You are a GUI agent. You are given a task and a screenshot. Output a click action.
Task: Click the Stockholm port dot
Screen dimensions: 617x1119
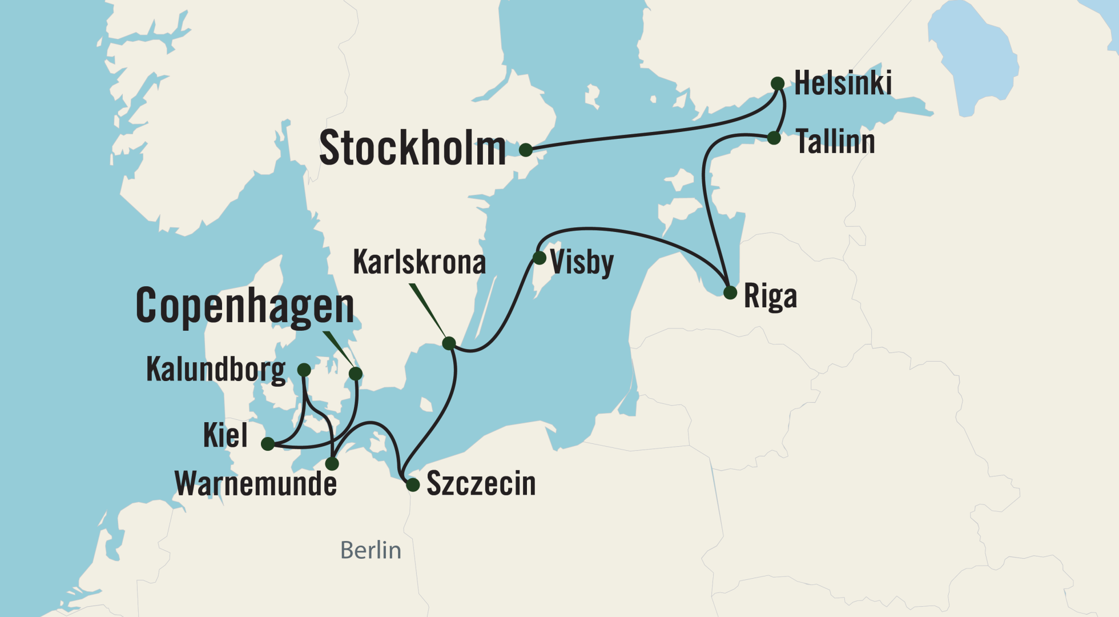coord(526,150)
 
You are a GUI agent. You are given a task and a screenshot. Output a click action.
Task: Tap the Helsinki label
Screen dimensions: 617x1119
coord(843,83)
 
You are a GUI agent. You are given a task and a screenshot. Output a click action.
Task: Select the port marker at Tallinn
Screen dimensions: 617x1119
coord(774,138)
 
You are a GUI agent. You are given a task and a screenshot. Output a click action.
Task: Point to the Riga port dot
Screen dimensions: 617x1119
coord(730,293)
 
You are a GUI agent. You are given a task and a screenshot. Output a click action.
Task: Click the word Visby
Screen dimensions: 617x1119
coord(582,262)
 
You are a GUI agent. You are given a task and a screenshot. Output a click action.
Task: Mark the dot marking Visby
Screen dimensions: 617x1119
coord(539,258)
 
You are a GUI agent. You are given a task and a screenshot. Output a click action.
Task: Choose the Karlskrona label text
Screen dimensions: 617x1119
coord(420,262)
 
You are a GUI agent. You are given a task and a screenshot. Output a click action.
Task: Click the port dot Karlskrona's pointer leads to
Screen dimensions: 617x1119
coord(449,343)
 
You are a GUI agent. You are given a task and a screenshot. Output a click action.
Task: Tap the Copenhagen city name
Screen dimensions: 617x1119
coord(245,306)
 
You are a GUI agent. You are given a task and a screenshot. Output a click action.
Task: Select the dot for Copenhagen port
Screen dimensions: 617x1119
coord(355,374)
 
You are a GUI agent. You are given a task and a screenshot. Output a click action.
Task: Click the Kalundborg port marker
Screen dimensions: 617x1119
coord(304,370)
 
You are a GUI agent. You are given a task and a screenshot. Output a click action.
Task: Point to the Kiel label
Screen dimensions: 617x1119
coord(226,435)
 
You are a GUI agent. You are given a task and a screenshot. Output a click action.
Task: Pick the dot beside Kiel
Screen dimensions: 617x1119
coord(267,443)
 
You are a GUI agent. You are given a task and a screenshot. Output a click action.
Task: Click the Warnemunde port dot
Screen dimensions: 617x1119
coord(332,463)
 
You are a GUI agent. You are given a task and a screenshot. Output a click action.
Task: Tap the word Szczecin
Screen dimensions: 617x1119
coord(481,484)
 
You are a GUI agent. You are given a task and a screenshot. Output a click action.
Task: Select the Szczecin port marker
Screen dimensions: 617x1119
coord(413,485)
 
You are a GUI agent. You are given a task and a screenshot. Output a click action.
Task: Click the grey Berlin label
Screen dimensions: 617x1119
coord(371,550)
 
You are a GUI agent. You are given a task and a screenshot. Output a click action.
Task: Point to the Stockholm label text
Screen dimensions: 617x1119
coord(412,149)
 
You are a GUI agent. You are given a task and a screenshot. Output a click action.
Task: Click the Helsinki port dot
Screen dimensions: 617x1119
coord(777,83)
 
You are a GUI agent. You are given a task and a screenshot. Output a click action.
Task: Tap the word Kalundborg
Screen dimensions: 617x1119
coord(216,369)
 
